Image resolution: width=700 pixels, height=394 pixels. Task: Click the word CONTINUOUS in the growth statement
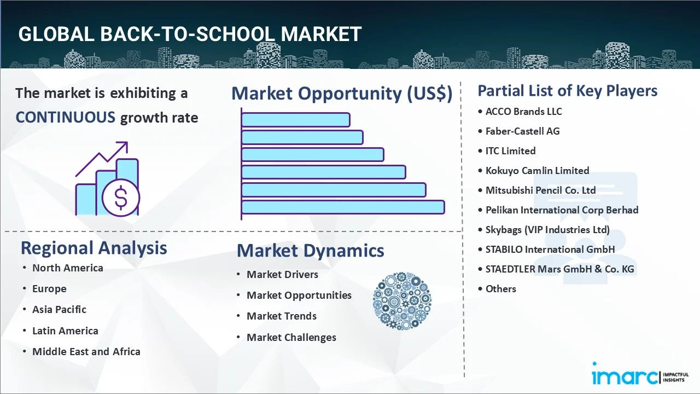pyautogui.click(x=65, y=118)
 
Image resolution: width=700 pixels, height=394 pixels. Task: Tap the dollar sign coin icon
pyautogui.click(x=121, y=198)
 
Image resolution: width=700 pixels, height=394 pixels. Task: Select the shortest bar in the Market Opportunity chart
pyautogui.click(x=296, y=120)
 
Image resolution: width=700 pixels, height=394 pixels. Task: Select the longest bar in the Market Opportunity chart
pyautogui.click(x=343, y=207)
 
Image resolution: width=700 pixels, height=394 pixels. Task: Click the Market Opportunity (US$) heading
pyautogui.click(x=342, y=93)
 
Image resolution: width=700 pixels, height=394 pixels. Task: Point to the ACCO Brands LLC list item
pyautogui.click(x=523, y=111)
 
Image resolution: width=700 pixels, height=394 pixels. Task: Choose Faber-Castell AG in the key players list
pyautogui.click(x=522, y=131)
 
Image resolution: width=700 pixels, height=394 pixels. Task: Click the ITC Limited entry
pyautogui.click(x=510, y=150)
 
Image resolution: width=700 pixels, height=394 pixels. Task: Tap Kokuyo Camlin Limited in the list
pyautogui.click(x=537, y=170)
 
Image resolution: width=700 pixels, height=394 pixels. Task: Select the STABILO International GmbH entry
pyautogui.click(x=550, y=249)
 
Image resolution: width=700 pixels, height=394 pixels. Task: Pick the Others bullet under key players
pyautogui.click(x=500, y=288)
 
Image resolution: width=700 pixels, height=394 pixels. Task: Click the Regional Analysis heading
pyautogui.click(x=94, y=248)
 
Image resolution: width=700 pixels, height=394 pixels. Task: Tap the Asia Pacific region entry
pyautogui.click(x=60, y=309)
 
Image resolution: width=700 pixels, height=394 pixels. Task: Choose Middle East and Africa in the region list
pyautogui.click(x=86, y=351)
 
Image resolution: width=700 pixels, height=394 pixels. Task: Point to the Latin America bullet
pyautogui.click(x=65, y=331)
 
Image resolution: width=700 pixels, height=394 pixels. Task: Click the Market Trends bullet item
pyautogui.click(x=282, y=316)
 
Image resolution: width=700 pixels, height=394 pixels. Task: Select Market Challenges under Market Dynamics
pyautogui.click(x=291, y=338)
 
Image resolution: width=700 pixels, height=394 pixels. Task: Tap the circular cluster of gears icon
pyautogui.click(x=402, y=301)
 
